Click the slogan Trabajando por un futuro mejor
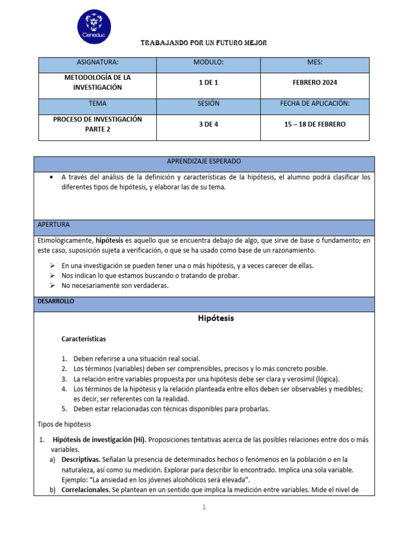pos(203,43)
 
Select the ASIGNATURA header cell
pos(97,63)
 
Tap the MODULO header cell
pos(208,63)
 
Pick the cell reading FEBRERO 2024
pos(314,82)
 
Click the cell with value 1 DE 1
pos(208,82)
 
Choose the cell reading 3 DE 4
pos(208,124)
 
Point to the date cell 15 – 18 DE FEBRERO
pos(314,124)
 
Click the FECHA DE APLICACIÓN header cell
pos(314,104)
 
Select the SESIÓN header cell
pos(208,104)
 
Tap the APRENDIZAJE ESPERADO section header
pos(204,161)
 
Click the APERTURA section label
pos(54,225)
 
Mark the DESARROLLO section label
pos(56,301)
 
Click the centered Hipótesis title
pos(216,319)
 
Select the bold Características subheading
pos(83,338)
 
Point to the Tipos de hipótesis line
pos(64,424)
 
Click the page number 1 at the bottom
pos(203,507)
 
